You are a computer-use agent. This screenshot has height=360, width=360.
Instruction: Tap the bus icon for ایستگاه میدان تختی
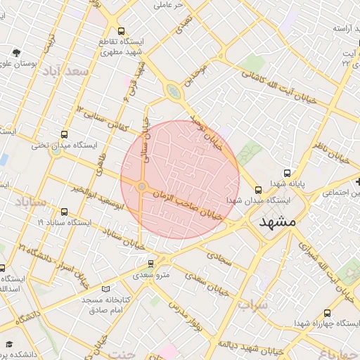pyautogui.click(x=65, y=134)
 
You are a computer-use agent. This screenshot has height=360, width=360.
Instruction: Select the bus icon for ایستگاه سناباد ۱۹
pyautogui.click(x=65, y=211)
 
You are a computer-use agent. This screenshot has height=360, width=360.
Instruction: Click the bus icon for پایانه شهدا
pyautogui.click(x=286, y=173)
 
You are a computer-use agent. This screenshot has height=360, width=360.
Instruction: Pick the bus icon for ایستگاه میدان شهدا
pyautogui.click(x=258, y=189)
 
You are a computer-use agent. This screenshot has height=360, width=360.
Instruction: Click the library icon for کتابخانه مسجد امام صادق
pyautogui.click(x=106, y=289)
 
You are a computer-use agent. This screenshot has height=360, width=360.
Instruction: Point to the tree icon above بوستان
pyautogui.click(x=17, y=53)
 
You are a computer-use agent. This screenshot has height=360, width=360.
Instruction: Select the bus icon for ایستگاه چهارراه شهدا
pyautogui.click(x=327, y=312)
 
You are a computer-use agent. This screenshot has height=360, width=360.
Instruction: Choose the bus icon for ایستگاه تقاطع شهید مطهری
pyautogui.click(x=122, y=31)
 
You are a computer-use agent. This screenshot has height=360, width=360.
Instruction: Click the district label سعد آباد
pyautogui.click(x=65, y=72)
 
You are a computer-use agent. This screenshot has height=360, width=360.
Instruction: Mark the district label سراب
pyautogui.click(x=253, y=307)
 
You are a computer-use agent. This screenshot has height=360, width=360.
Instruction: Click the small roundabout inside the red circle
pyautogui.click(x=142, y=186)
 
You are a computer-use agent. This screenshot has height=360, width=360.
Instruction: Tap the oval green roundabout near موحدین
pyautogui.click(x=173, y=91)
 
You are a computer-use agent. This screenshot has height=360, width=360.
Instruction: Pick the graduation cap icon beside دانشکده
pyautogui.click(x=10, y=344)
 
